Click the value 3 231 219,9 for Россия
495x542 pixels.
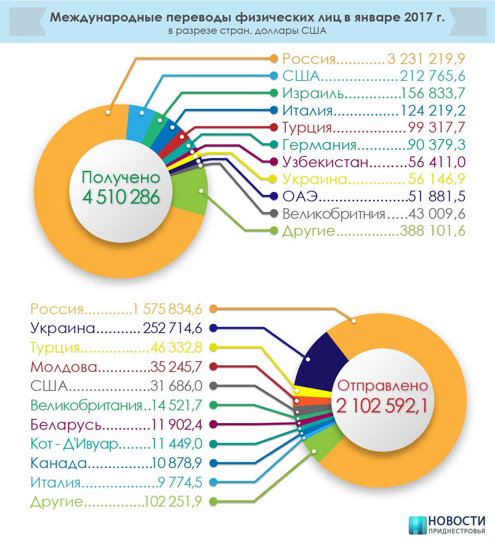click(x=426, y=59)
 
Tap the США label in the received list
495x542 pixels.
click(x=301, y=76)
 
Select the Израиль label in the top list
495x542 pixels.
click(x=313, y=94)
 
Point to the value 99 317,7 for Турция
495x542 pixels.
click(x=437, y=128)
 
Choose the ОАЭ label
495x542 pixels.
click(x=300, y=196)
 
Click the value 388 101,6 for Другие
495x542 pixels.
click(x=432, y=231)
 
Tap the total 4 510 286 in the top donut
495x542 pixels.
click(x=121, y=197)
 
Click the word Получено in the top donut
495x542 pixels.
click(x=121, y=178)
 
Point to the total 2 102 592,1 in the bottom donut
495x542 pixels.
click(x=382, y=406)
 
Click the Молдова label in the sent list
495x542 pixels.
click(x=64, y=367)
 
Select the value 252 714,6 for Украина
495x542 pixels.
click(x=172, y=329)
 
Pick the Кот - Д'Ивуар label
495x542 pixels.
click(x=74, y=444)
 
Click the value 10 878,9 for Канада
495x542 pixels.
click(x=177, y=463)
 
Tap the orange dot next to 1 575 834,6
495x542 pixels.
click(x=213, y=309)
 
